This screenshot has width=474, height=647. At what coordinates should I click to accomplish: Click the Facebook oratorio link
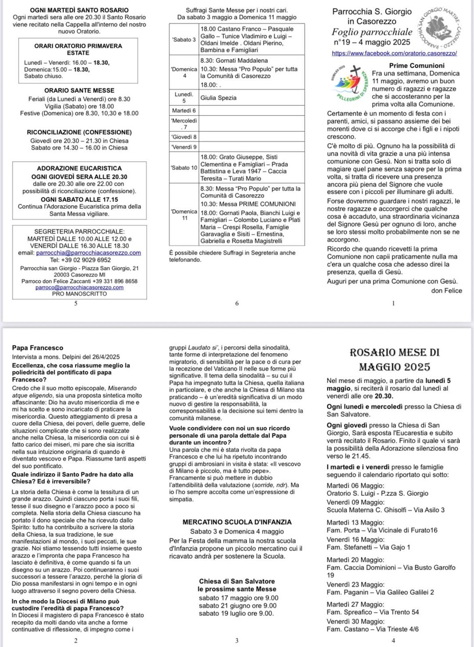point(394,53)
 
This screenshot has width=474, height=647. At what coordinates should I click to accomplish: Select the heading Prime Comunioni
point(417,65)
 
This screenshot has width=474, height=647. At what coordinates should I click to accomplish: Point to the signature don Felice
point(446,290)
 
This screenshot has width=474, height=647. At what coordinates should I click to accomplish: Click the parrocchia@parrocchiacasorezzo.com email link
point(88,253)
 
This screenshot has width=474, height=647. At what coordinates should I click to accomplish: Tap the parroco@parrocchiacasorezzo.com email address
point(79,287)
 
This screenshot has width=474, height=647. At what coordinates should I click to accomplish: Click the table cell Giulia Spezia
point(218,98)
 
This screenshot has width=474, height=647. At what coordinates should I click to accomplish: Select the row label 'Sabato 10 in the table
point(184,168)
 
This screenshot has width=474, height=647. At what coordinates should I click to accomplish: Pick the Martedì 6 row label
point(184,111)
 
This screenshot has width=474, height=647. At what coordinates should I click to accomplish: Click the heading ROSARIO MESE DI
point(394,353)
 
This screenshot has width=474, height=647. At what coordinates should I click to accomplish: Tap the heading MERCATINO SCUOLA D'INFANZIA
point(237,522)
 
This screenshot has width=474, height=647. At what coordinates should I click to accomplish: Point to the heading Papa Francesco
point(38,348)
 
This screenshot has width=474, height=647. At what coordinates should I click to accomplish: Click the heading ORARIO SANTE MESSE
point(79,90)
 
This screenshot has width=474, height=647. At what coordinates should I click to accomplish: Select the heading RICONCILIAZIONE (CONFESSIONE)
point(79,132)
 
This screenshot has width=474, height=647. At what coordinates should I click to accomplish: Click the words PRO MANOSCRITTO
point(79,294)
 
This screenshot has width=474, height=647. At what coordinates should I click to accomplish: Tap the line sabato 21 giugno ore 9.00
point(237,606)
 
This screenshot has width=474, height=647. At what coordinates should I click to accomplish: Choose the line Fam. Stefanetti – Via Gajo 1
point(368,547)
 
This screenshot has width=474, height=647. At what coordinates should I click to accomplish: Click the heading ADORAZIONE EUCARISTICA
point(79,168)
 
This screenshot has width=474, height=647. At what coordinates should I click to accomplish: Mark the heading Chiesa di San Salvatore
point(237,582)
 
